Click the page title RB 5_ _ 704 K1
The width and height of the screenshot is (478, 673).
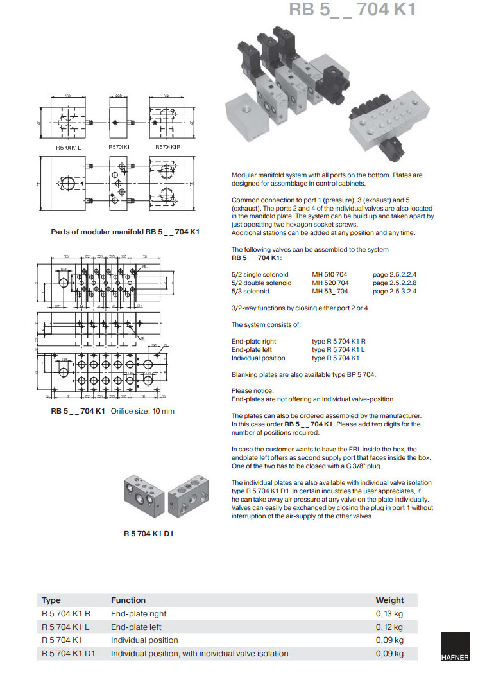click(352, 10)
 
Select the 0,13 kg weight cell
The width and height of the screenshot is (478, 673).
click(389, 614)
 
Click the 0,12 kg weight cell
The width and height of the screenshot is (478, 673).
click(389, 627)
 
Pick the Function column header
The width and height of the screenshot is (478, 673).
click(128, 600)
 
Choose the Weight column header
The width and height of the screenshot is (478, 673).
click(389, 600)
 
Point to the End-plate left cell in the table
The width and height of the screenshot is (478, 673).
click(136, 627)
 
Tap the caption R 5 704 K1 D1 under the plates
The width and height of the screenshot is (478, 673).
click(149, 533)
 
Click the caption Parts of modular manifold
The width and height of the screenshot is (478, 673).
click(125, 232)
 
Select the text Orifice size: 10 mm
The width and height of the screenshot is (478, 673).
click(142, 411)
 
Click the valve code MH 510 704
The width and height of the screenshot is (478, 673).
click(330, 275)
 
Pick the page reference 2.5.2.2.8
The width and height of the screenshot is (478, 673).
click(395, 283)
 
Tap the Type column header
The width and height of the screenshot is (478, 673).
click(51, 600)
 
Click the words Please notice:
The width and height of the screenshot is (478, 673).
click(253, 390)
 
